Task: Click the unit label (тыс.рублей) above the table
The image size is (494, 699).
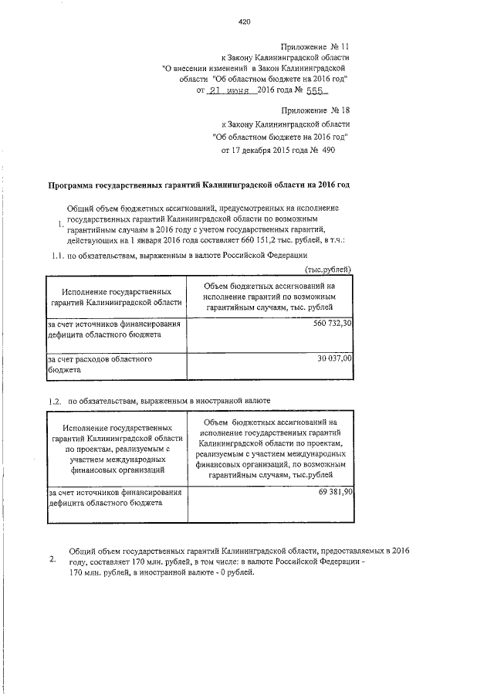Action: tap(330, 269)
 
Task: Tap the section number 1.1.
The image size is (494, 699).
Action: tap(56, 255)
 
